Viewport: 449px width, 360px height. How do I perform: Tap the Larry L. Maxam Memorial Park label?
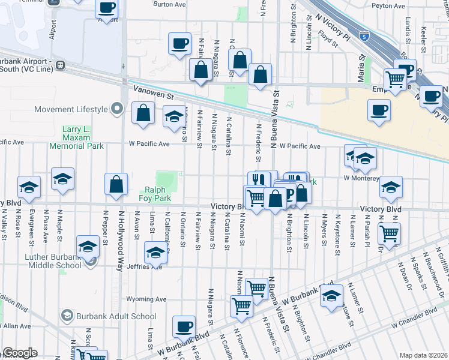pos(83,137)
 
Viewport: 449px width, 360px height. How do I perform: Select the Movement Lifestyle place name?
pos(71,109)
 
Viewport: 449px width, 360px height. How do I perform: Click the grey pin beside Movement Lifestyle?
pos(117,109)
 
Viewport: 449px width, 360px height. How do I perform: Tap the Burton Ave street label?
pos(170,4)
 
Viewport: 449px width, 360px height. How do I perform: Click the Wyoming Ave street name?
pos(145,299)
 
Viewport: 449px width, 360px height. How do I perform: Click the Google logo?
pos(20,353)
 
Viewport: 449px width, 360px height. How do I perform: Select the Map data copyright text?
pos(424,355)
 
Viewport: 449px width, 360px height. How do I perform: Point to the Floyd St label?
pos(330,40)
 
